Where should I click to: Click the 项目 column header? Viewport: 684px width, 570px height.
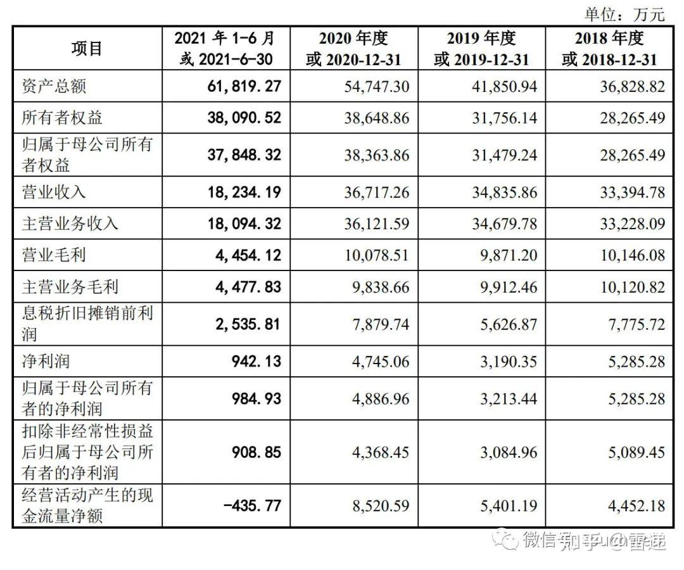87,49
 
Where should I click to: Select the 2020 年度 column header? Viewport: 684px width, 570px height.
353,49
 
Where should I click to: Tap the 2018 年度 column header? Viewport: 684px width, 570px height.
609,49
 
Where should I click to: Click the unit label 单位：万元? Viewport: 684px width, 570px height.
624,13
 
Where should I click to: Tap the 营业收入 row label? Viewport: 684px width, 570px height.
54,192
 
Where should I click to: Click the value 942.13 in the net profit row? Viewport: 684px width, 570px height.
256,362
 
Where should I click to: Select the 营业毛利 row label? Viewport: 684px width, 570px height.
54,255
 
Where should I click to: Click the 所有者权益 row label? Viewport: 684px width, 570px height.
62,118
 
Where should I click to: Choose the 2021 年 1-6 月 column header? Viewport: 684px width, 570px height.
226,49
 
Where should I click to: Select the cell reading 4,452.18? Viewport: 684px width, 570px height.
632,506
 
